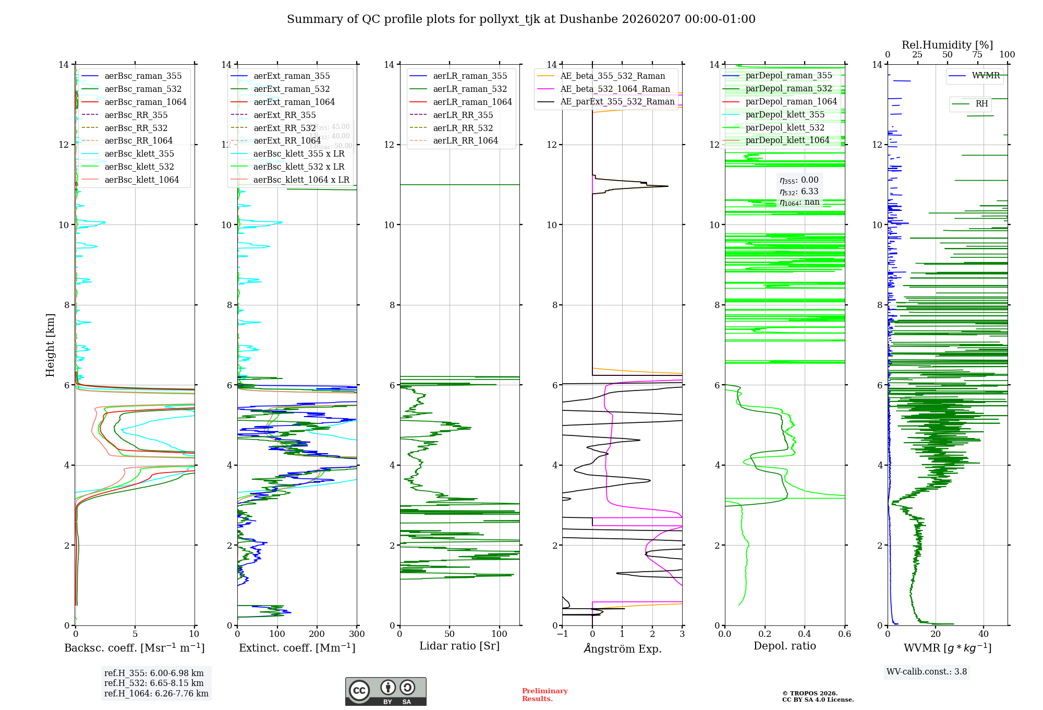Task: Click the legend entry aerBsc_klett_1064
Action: pyautogui.click(x=141, y=180)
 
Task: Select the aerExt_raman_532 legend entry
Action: pyautogui.click(x=292, y=89)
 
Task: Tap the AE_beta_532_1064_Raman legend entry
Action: pyautogui.click(x=615, y=89)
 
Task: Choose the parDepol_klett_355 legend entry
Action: pyautogui.click(x=785, y=114)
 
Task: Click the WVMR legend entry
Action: pyautogui.click(x=986, y=76)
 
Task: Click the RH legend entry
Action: pyautogui.click(x=981, y=104)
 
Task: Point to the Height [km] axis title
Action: pyautogui.click(x=50, y=345)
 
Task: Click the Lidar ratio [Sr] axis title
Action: pyautogui.click(x=459, y=646)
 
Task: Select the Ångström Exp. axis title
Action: pyautogui.click(x=622, y=648)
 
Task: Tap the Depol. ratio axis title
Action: pyautogui.click(x=784, y=646)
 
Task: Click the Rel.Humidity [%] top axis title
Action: pyautogui.click(x=947, y=45)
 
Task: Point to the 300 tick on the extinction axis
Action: pyautogui.click(x=357, y=634)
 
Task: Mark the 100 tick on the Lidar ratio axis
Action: pyautogui.click(x=499, y=634)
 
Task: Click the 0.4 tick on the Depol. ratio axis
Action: pyautogui.click(x=805, y=634)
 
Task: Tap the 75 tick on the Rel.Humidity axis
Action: pyautogui.click(x=977, y=54)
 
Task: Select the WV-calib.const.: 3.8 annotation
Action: pyautogui.click(x=926, y=672)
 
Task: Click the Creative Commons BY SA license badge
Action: pyautogui.click(x=385, y=692)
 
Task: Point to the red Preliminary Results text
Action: pyautogui.click(x=544, y=694)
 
